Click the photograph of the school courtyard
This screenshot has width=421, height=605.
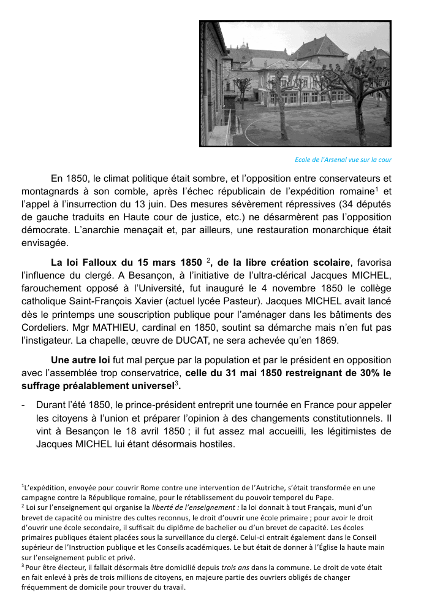point(295,83)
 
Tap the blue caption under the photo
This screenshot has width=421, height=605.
point(343,160)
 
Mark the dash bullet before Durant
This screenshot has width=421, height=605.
point(23,406)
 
